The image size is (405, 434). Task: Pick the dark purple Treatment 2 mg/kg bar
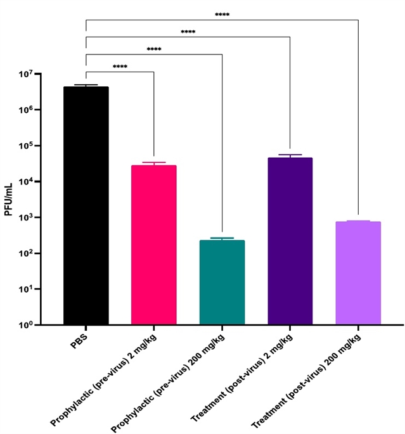(x=290, y=241)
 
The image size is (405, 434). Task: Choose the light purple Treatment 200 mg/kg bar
(x=358, y=273)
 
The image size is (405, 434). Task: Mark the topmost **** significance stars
(x=222, y=15)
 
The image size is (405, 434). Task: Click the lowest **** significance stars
(x=120, y=67)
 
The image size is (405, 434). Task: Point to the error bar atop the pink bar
(x=153, y=163)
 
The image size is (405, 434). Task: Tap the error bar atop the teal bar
(x=222, y=238)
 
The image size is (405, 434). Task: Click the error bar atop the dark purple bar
(x=290, y=155)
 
